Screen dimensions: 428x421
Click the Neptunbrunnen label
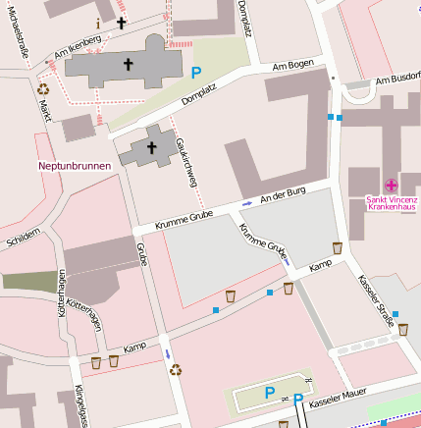(74, 166)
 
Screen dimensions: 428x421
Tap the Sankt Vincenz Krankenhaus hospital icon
(391, 185)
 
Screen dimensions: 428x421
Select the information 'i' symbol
(97, 22)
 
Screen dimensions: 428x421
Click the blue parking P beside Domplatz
(196, 72)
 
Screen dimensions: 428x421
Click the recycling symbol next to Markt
(43, 88)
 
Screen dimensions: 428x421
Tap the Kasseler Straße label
(377, 299)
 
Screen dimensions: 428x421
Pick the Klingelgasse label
(80, 405)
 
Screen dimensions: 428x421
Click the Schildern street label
(24, 237)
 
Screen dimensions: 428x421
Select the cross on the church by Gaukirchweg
(151, 147)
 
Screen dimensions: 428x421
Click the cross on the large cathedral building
(128, 65)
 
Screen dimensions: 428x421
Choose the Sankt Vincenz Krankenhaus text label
(391, 204)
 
